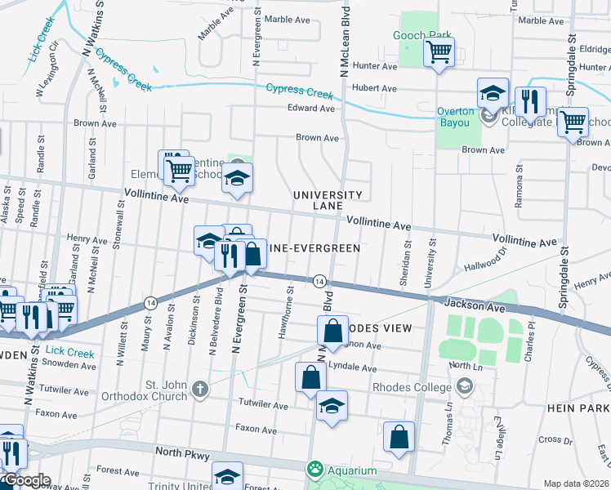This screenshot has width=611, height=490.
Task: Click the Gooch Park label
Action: click(423, 36)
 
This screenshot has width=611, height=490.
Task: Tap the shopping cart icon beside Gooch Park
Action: click(439, 54)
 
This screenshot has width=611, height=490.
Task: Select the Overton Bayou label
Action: click(457, 117)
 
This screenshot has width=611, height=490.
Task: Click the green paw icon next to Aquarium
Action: click(314, 470)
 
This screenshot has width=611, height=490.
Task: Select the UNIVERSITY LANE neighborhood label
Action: click(328, 200)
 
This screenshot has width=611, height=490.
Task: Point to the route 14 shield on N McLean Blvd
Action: click(319, 281)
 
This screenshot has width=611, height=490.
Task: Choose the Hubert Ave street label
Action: click(375, 88)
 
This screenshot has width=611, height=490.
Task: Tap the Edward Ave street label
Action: click(311, 108)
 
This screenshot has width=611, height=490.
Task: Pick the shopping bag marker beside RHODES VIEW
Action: click(332, 332)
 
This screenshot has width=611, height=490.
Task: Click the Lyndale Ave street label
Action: click(353, 368)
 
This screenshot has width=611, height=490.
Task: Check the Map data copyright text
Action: click(576, 483)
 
